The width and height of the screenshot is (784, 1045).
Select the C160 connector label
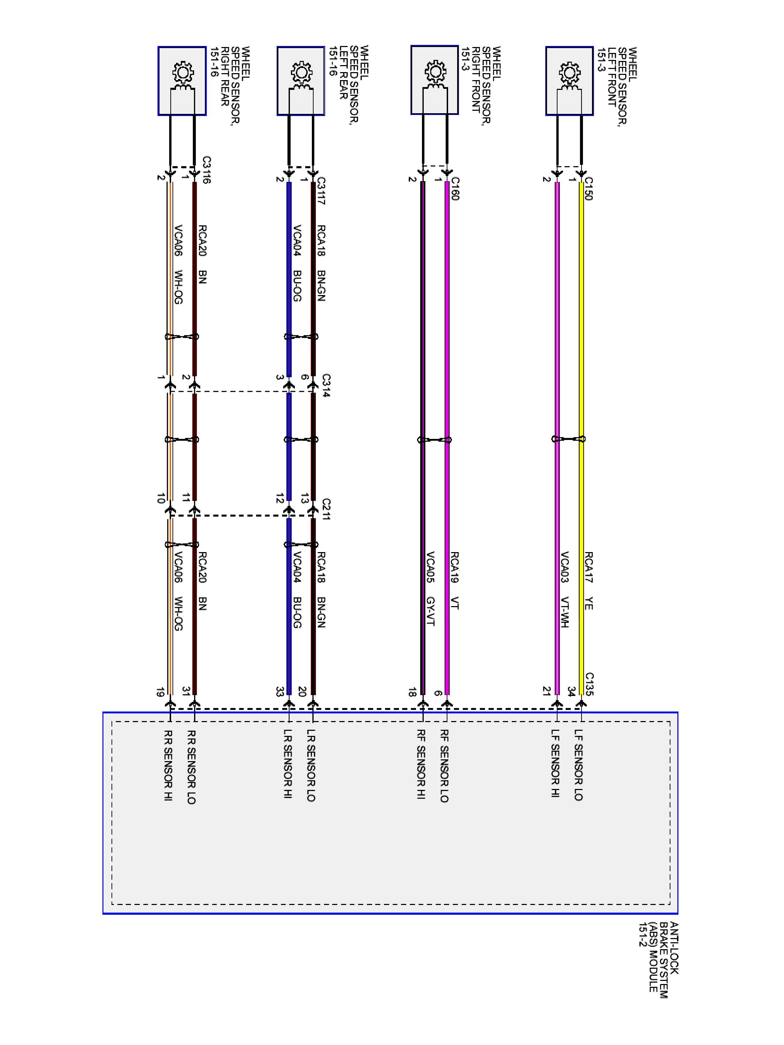click(x=455, y=188)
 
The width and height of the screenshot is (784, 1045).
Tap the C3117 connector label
click(x=321, y=191)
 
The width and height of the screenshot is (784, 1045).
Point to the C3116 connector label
click(x=206, y=170)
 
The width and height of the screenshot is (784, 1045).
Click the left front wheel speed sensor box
click(x=569, y=81)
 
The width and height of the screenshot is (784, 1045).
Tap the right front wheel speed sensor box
click(x=434, y=80)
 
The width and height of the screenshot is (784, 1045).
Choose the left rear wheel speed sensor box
click(x=301, y=81)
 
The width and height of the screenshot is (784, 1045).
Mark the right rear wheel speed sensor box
click(x=182, y=81)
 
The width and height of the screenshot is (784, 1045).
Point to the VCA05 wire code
click(x=430, y=567)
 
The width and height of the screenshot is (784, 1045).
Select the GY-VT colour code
click(x=430, y=611)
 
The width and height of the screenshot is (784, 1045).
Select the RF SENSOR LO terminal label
click(x=444, y=766)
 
